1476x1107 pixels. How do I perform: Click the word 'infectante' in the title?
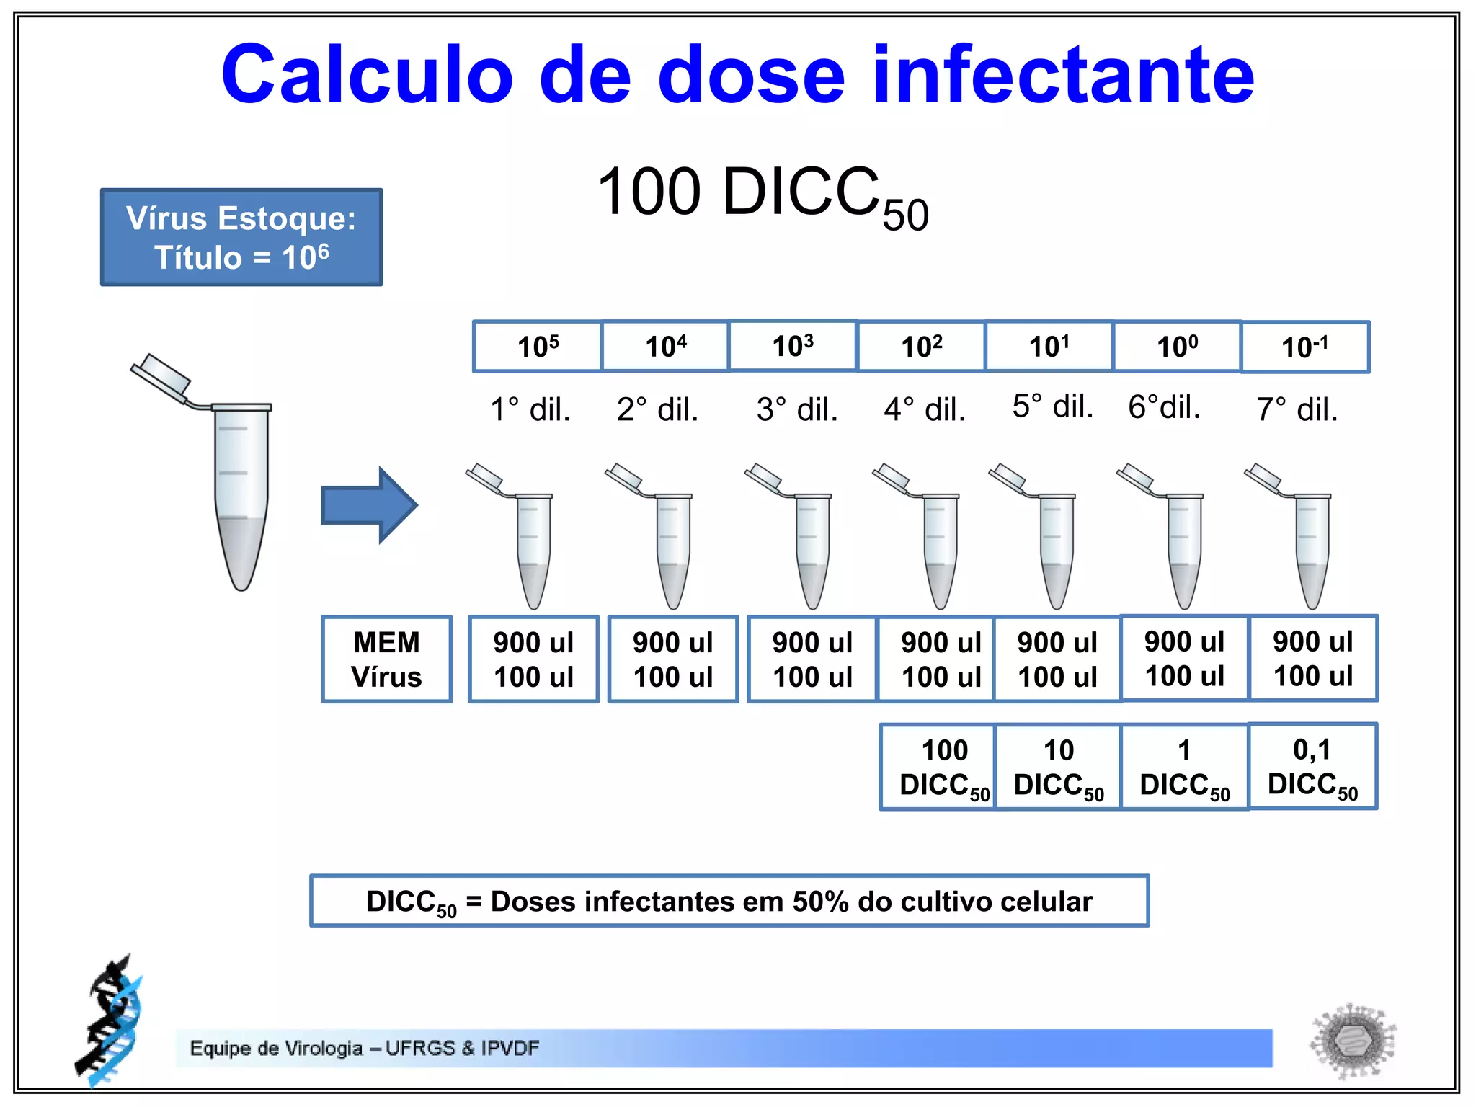pyautogui.click(x=1063, y=74)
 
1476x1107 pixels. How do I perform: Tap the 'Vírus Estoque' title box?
pyautogui.click(x=241, y=237)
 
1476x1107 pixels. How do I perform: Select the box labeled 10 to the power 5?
pyautogui.click(x=538, y=347)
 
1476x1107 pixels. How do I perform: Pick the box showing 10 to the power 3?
pyautogui.click(x=793, y=346)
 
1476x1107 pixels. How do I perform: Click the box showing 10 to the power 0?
pyautogui.click(x=1177, y=347)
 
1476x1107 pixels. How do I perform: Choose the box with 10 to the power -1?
pyautogui.click(x=1304, y=347)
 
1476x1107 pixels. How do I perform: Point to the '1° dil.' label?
pyautogui.click(x=530, y=409)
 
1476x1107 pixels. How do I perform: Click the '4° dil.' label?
pyautogui.click(x=925, y=409)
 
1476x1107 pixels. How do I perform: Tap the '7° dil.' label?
pyautogui.click(x=1297, y=409)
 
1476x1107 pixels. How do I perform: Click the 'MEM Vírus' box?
pyautogui.click(x=387, y=659)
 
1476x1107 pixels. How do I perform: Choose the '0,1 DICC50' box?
pyautogui.click(x=1312, y=766)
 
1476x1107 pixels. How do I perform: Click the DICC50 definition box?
pyautogui.click(x=729, y=901)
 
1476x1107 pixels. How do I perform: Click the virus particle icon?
pyautogui.click(x=1352, y=1041)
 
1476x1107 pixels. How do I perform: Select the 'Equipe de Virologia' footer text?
pyautogui.click(x=365, y=1048)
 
